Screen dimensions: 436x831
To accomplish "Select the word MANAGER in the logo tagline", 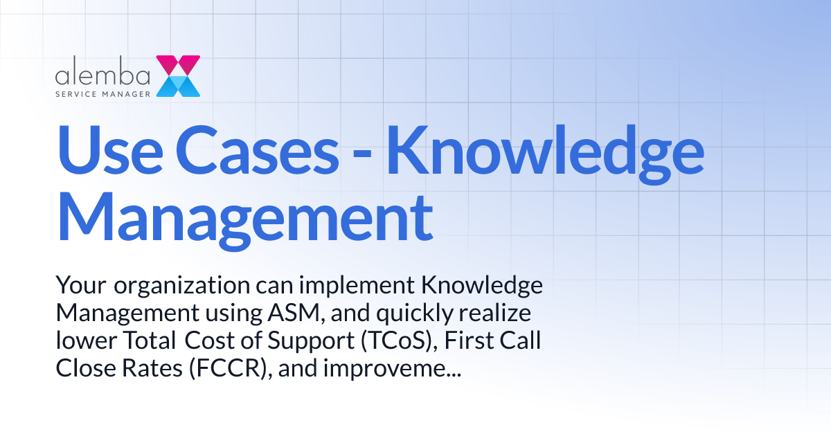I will [x=126, y=92].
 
